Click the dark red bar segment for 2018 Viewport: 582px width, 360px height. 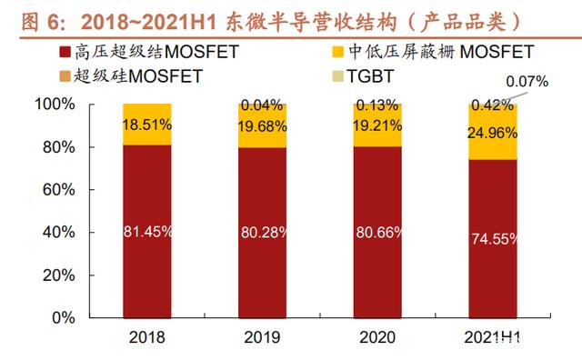(147, 231)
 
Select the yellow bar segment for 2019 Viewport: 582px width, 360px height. (263, 125)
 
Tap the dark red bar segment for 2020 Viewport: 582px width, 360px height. (377, 233)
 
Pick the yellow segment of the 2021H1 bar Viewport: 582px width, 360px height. (493, 133)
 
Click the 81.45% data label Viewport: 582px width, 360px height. (147, 232)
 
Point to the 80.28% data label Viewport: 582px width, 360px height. (264, 233)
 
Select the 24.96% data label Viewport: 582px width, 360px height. (492, 133)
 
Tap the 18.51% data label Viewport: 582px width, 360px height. (147, 125)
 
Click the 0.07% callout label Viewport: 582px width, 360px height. (527, 82)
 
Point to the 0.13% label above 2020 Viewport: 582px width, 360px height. (377, 105)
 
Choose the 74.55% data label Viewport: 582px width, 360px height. (494, 239)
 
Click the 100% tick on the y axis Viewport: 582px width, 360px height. (55, 104)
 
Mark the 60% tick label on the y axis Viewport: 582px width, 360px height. (58, 190)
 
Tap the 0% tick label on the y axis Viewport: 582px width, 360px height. (64, 318)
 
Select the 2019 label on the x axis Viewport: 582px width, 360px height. (262, 337)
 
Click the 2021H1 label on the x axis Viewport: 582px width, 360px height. (492, 337)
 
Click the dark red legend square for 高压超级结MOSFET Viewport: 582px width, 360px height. (65, 52)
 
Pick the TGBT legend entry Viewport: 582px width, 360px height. (363, 76)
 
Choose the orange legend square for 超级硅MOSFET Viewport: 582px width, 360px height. (65, 76)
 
